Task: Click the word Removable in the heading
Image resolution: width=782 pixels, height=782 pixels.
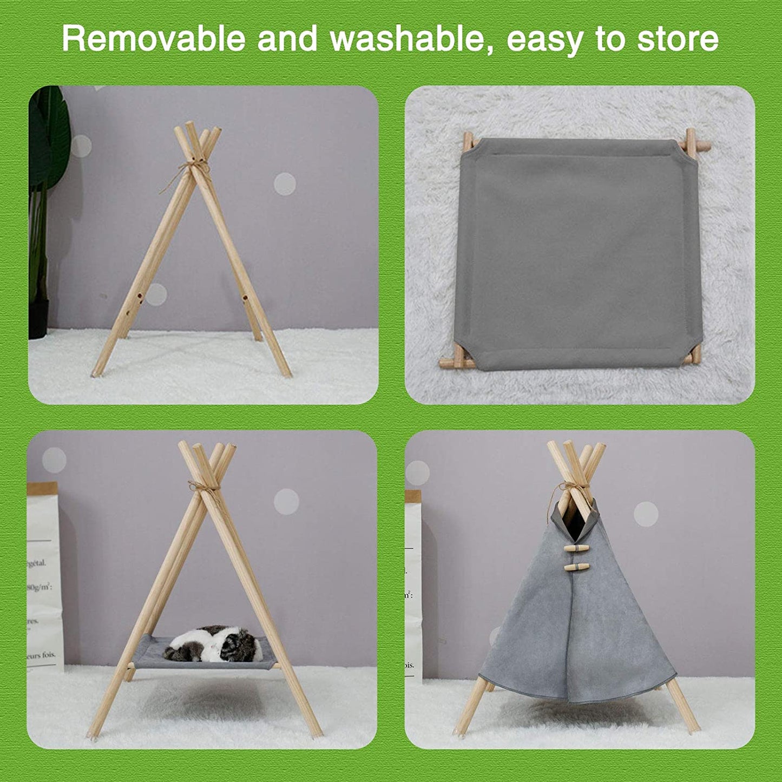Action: click(153, 39)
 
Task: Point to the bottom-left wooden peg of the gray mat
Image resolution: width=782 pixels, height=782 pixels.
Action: click(455, 358)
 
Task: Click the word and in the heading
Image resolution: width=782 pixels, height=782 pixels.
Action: click(287, 39)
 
